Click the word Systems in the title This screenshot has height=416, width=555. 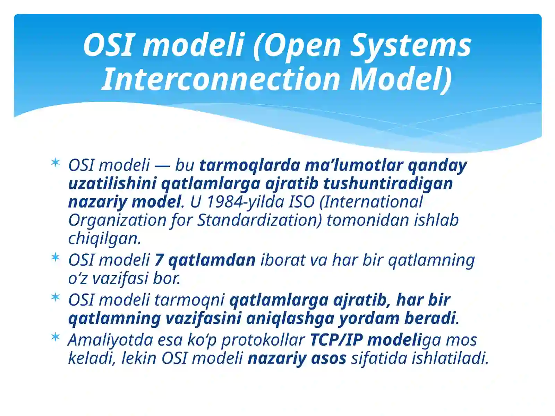coord(410,45)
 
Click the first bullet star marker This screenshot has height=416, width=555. coord(55,162)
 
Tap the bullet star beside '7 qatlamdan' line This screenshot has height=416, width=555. coord(55,257)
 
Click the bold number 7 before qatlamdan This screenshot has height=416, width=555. coord(159,260)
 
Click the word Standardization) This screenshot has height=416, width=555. coord(260,220)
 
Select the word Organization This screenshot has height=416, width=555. coord(117,220)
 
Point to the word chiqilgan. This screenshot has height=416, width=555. coord(104,239)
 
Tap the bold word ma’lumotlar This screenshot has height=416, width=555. coord(353,165)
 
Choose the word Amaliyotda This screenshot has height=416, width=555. coord(110,340)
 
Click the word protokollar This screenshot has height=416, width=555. coord(263,340)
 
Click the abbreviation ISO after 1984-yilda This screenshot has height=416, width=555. coord(302,202)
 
